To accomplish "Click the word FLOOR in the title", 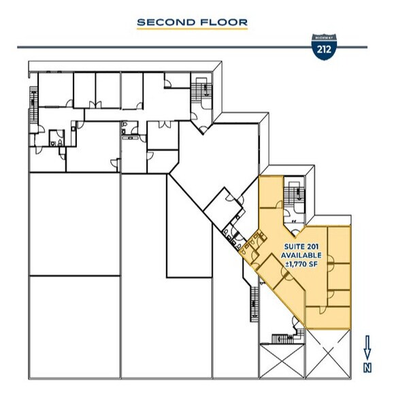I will point(222,22).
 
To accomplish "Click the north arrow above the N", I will point(367,346).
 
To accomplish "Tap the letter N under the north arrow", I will point(367,367).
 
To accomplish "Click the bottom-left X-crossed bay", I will point(280,361).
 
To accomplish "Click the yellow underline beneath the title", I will point(192,29).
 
